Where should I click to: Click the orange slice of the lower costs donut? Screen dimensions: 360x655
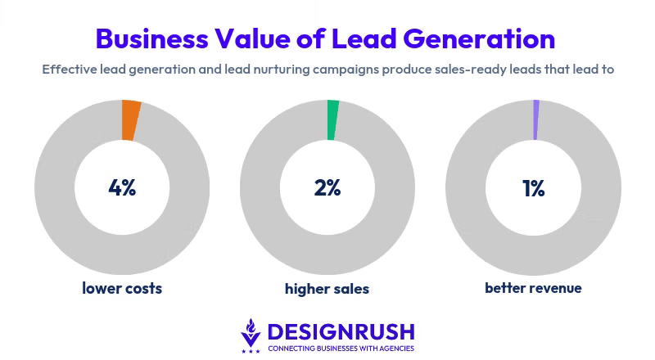tap(130, 120)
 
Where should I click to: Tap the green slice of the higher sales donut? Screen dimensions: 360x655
tap(332, 119)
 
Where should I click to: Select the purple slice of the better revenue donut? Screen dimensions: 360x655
tap(535, 119)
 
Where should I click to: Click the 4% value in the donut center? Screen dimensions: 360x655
tap(122, 187)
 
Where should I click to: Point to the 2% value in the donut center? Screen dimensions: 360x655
tap(327, 187)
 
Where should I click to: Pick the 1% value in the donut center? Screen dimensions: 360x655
tap(533, 188)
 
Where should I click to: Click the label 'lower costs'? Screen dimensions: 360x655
tap(122, 288)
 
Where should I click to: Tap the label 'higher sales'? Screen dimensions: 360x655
tap(327, 289)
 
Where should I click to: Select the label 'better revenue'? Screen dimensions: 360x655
tap(533, 288)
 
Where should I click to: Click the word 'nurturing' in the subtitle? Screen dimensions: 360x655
tap(290, 70)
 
